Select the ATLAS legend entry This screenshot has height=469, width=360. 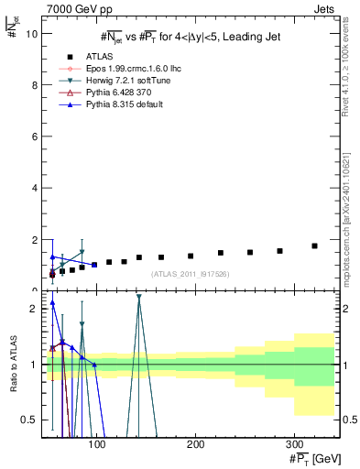pyautogui.click(x=96, y=56)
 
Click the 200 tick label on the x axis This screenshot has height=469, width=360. pyautogui.click(x=194, y=444)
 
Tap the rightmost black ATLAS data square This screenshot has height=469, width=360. pyautogui.click(x=314, y=246)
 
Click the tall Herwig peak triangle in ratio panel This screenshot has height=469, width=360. pyautogui.click(x=138, y=297)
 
